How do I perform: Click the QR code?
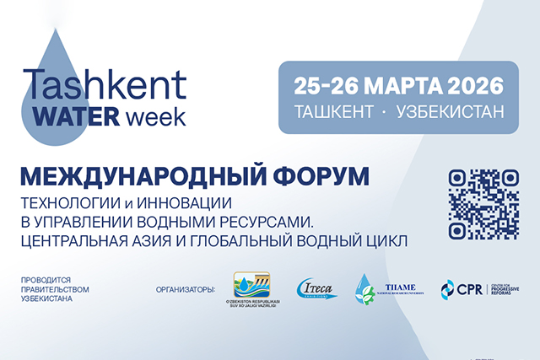(483, 205)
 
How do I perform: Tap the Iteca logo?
(316, 289)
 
